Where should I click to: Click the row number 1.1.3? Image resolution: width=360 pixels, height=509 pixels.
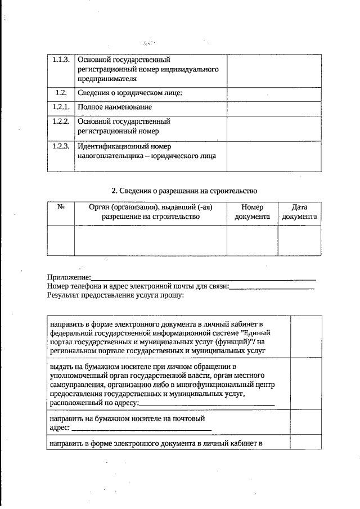(60, 59)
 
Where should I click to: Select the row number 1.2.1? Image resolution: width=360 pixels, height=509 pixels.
(60, 107)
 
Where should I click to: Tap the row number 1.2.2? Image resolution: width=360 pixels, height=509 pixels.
(60, 121)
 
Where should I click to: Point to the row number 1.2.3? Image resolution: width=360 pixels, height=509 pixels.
(60, 146)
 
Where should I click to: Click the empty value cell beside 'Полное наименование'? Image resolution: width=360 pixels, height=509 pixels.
(274, 107)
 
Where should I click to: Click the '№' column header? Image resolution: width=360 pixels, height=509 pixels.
(61, 207)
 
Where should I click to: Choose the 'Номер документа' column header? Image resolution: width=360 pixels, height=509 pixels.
(252, 211)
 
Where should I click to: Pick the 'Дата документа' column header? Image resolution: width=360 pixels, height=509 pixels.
(299, 211)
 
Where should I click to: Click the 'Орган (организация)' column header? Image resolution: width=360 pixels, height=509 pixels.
(150, 211)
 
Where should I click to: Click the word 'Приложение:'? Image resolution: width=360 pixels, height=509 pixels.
(69, 278)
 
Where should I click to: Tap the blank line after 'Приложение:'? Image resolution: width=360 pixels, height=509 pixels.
(202, 278)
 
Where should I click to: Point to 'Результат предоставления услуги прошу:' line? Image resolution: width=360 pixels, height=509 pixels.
(116, 294)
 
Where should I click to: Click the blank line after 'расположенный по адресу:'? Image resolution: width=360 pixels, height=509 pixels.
(206, 403)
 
